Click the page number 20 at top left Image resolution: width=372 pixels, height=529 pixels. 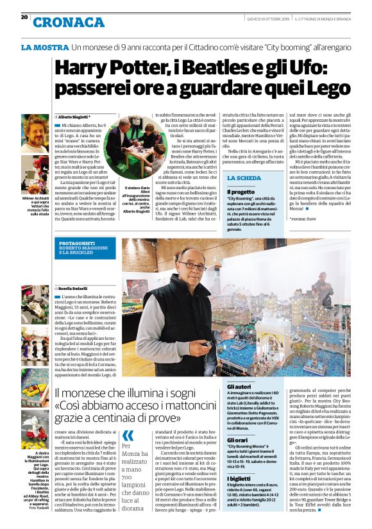click(x=24, y=17)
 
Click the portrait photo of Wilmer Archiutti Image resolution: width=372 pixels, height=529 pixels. click(x=35, y=135)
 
